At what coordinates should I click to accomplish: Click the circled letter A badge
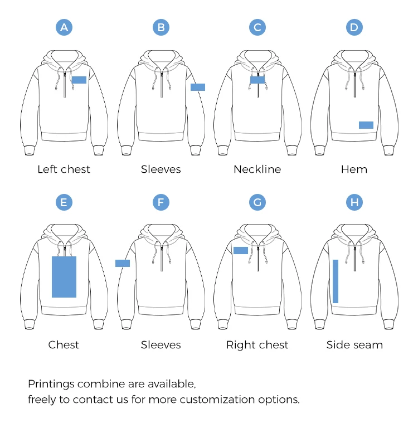point(64,27)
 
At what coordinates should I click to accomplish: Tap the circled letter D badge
point(354,27)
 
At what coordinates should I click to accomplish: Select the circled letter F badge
point(161,202)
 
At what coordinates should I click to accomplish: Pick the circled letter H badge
point(354,202)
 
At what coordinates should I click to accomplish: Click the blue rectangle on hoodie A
point(79,80)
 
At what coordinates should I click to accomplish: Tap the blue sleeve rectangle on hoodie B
point(198,87)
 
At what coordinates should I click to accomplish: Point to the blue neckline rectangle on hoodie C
point(257,80)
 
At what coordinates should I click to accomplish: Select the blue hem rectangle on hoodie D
point(366,125)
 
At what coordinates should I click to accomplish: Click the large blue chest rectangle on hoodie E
point(64,277)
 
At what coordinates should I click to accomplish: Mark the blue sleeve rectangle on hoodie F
point(123,263)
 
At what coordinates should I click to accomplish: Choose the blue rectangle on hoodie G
point(241,250)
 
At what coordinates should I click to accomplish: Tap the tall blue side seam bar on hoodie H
point(336,281)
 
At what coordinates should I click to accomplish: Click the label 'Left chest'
point(64,169)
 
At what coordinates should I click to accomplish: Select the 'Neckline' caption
point(257,169)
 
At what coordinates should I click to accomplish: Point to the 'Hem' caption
point(354,169)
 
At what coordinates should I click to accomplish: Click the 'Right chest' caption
point(257,345)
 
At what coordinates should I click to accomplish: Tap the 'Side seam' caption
point(354,345)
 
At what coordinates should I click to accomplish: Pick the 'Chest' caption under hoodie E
point(64,345)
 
